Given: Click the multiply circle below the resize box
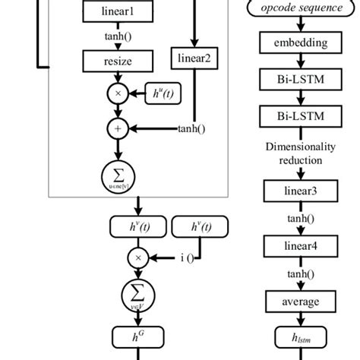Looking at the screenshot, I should pos(118,95).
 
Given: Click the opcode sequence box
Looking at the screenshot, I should pos(298,9).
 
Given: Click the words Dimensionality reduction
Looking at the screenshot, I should pos(298,153).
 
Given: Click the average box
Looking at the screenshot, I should pos(298,301).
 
